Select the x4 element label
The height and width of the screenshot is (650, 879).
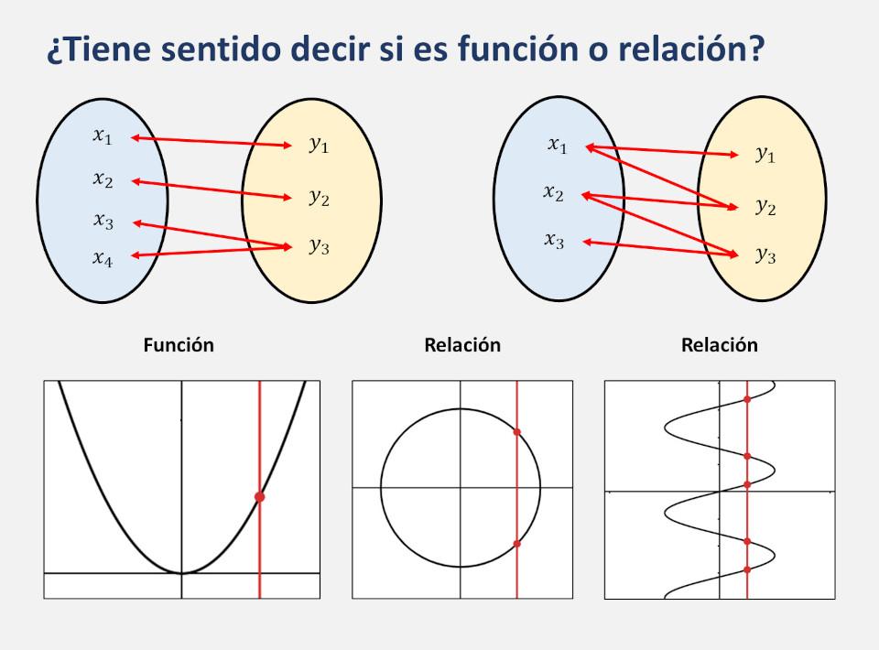[x=103, y=258]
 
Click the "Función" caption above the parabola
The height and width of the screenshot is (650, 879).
[x=179, y=345]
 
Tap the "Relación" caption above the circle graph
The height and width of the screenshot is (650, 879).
[x=462, y=345]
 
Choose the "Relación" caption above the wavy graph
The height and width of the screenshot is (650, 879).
[x=720, y=345]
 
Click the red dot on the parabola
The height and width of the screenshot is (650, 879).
[x=259, y=496]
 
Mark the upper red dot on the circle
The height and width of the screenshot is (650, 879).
[x=517, y=431]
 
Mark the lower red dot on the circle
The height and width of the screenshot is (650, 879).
[x=517, y=544]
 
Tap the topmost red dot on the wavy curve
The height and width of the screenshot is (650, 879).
[x=748, y=399]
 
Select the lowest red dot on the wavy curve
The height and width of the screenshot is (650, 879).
[x=748, y=569]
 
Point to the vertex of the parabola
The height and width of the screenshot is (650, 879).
[x=181, y=573]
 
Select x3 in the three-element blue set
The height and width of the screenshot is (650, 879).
[x=554, y=241]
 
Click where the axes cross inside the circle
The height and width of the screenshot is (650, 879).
[x=460, y=487]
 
